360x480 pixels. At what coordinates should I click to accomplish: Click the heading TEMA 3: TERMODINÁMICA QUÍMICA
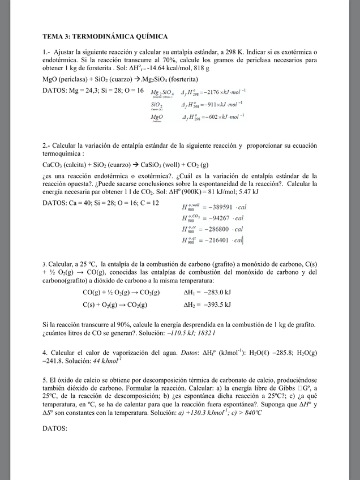[105, 37]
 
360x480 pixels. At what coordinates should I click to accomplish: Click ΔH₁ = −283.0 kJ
[207, 293]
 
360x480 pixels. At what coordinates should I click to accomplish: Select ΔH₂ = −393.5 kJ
[207, 305]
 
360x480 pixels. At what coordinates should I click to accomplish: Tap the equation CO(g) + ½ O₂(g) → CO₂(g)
[121, 293]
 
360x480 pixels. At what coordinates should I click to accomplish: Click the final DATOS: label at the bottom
[55, 428]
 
